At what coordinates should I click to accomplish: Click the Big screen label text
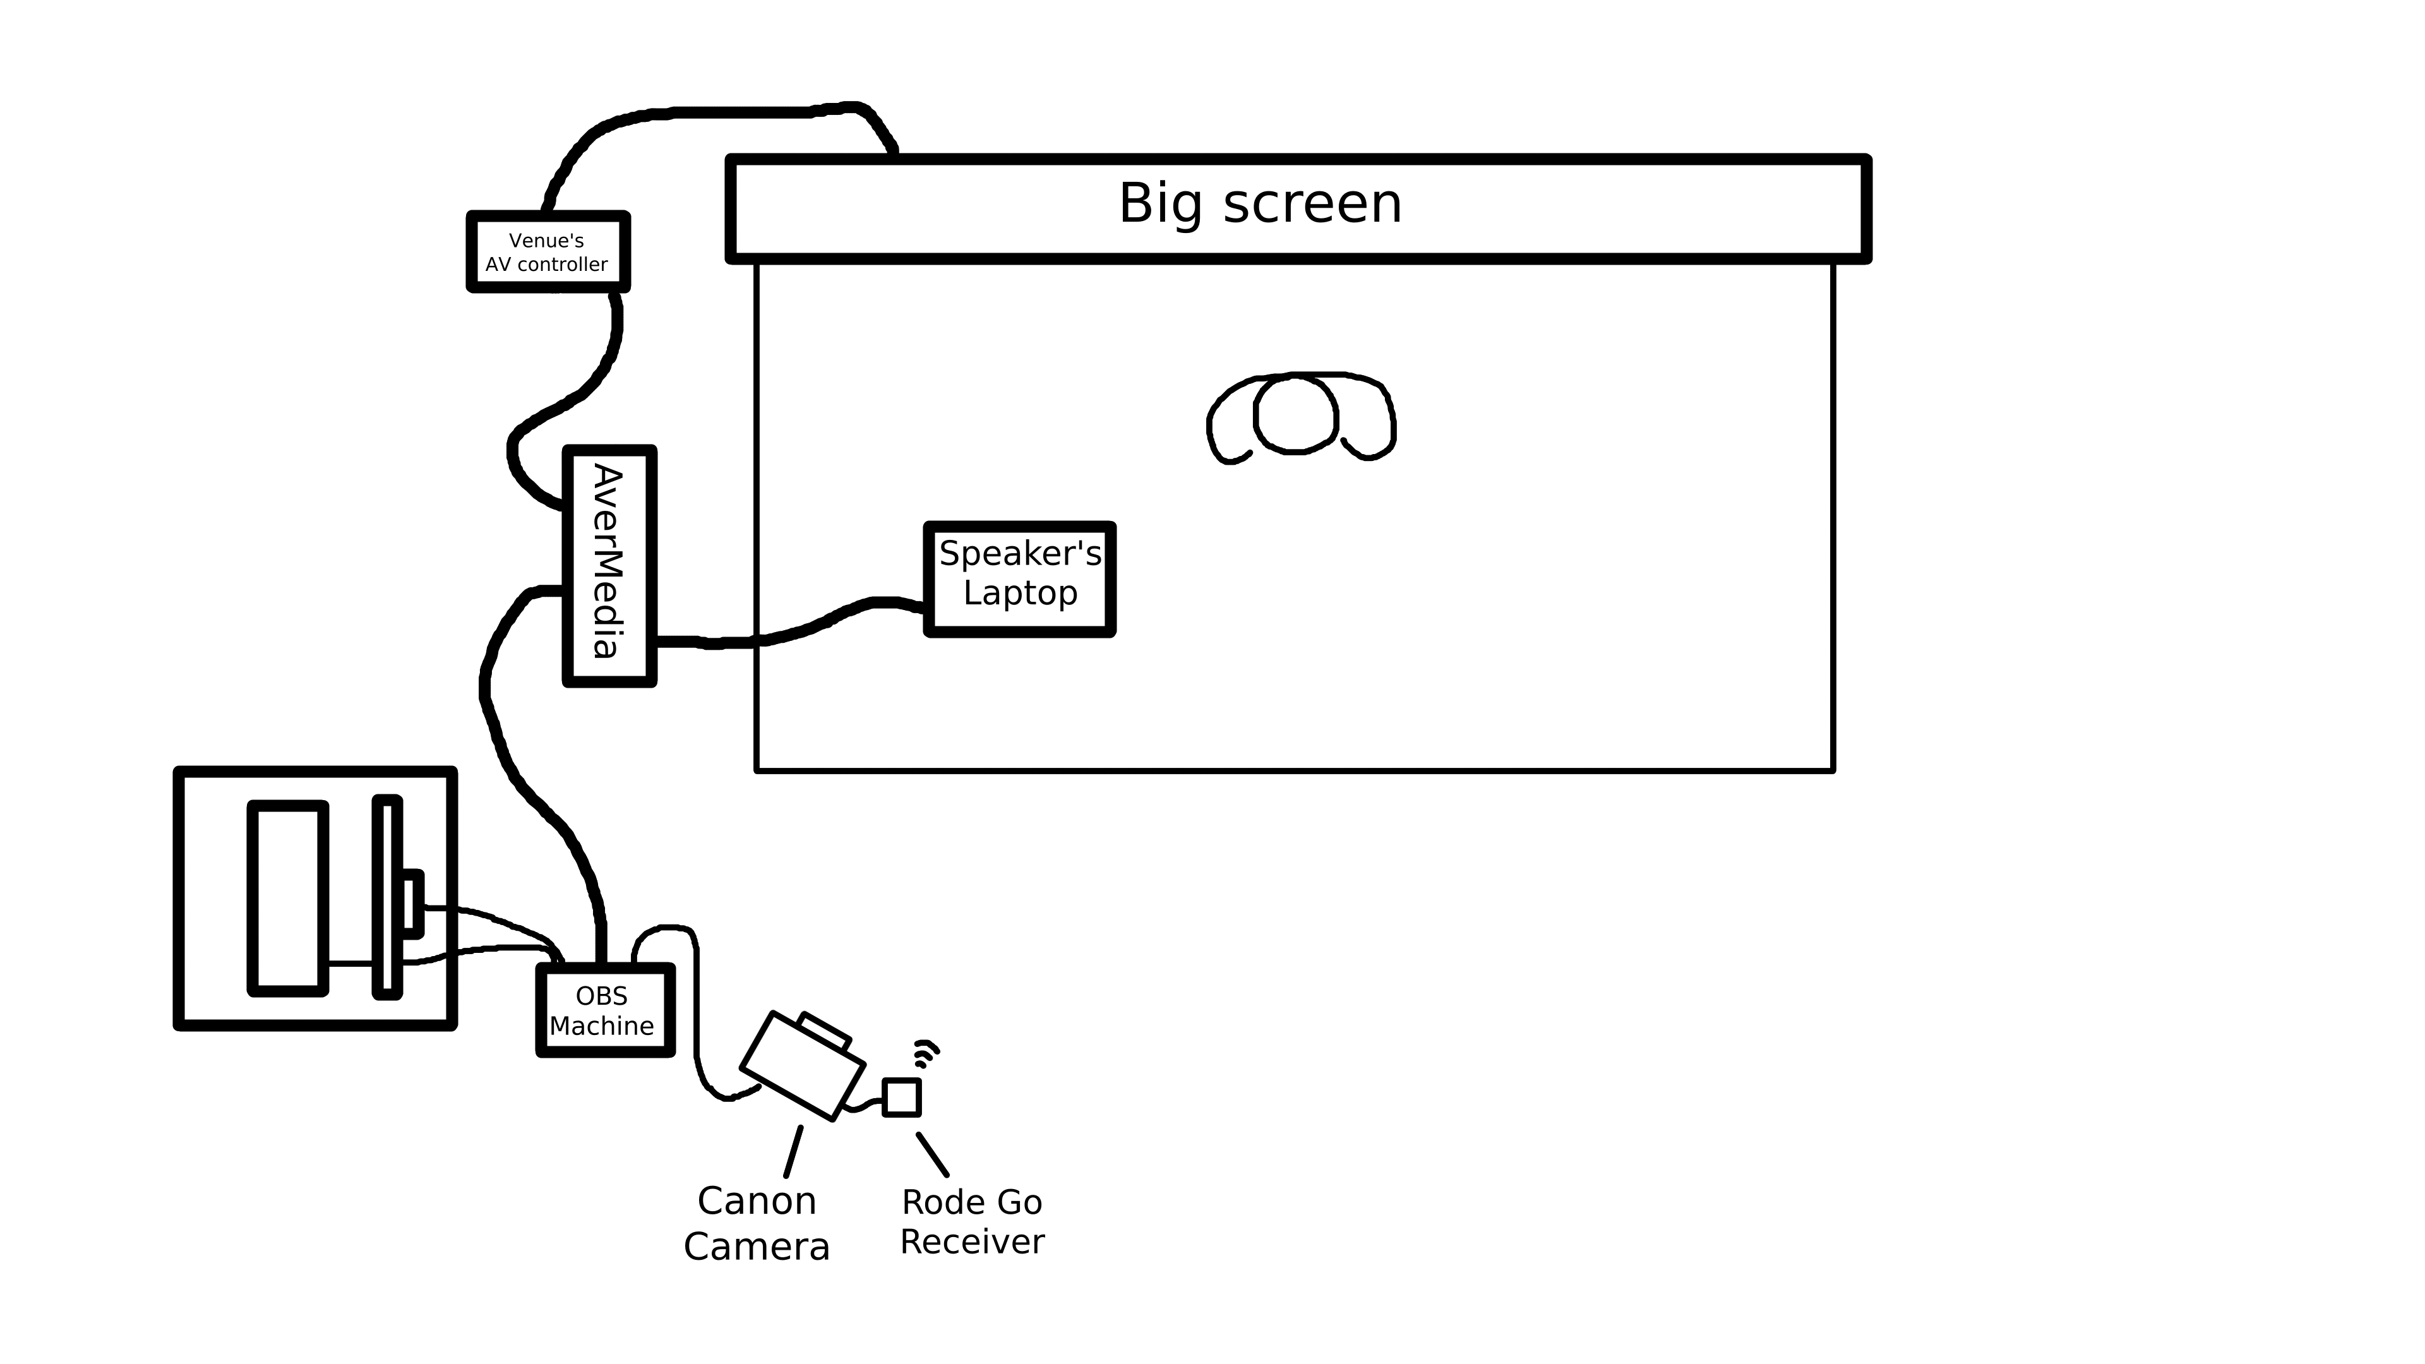(1260, 204)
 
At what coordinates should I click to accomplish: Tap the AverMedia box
(608, 565)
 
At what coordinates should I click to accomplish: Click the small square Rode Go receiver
(901, 1097)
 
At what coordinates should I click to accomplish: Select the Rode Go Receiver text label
(971, 1222)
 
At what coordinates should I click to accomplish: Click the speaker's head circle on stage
(1295, 414)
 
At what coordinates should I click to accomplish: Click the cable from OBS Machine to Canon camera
(697, 1017)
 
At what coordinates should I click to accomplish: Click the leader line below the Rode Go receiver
(932, 1154)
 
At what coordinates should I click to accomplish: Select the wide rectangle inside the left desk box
(287, 897)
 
